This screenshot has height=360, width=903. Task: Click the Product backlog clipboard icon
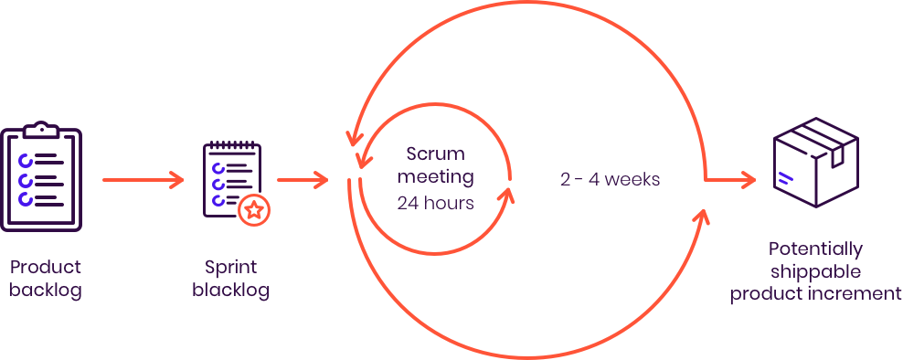(x=41, y=177)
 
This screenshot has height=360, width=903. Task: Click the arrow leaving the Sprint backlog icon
(x=303, y=180)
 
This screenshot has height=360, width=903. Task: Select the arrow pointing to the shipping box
(x=731, y=180)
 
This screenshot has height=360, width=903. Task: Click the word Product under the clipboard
(x=47, y=268)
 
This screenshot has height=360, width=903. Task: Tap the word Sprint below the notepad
(x=232, y=268)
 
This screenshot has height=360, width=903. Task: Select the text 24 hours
(x=436, y=203)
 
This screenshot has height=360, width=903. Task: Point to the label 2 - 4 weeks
(x=610, y=180)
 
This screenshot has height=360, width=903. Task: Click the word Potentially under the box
(x=815, y=249)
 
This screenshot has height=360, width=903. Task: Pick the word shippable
(x=815, y=270)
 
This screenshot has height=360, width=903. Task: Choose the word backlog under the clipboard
(x=47, y=291)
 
